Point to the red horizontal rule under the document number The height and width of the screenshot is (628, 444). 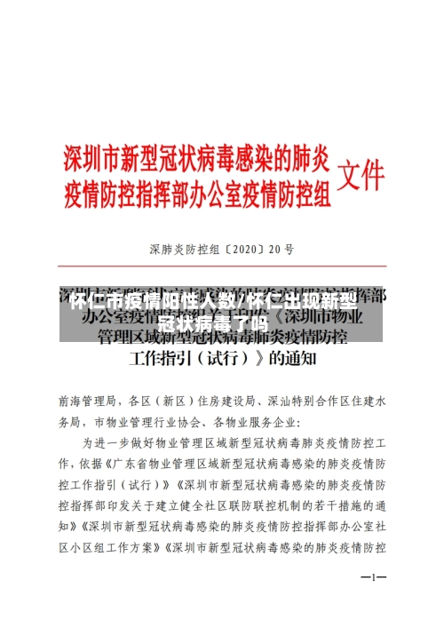pyautogui.click(x=221, y=265)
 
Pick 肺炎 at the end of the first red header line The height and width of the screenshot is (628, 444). pyautogui.click(x=313, y=159)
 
